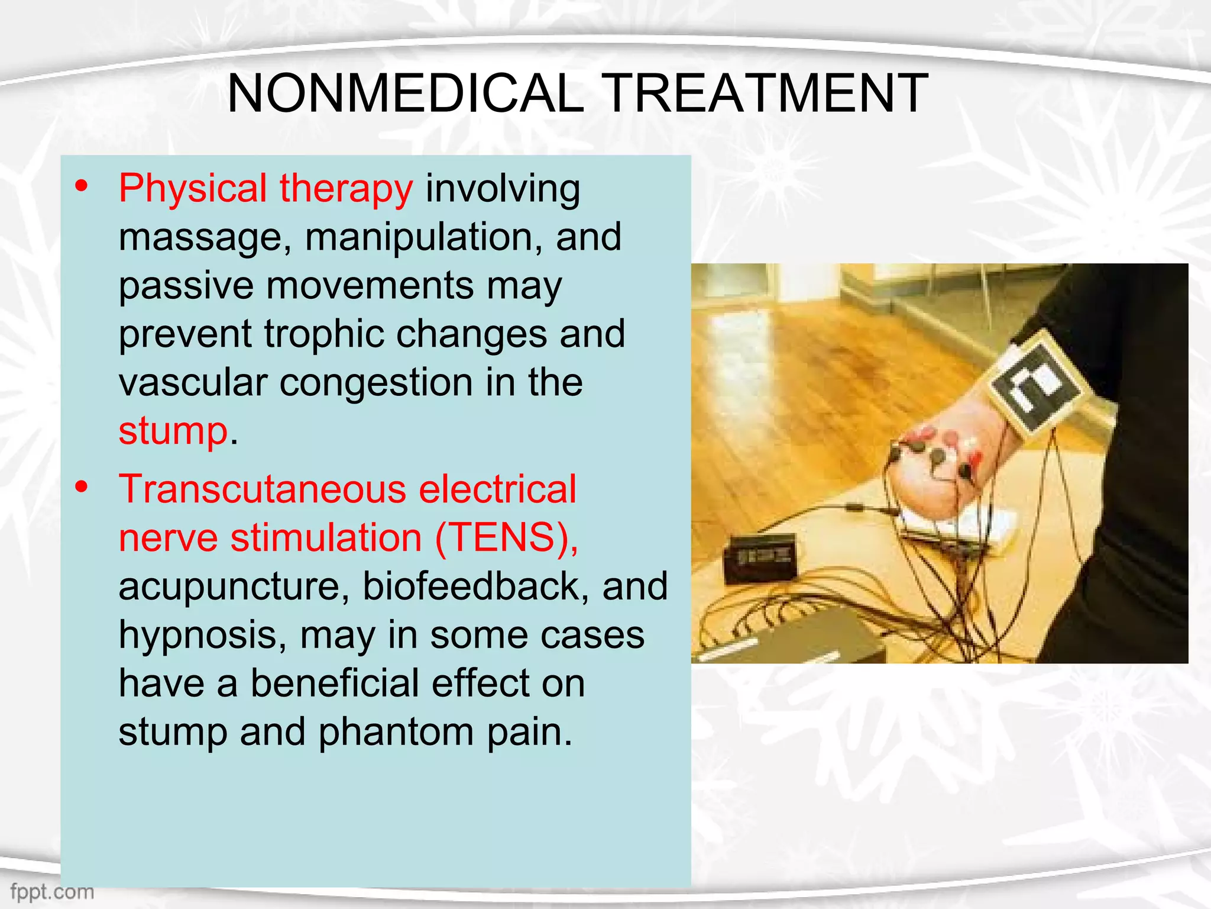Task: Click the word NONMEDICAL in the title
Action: click(x=406, y=93)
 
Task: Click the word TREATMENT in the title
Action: click(x=767, y=93)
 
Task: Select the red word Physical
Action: click(x=193, y=188)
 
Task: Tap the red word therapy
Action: click(x=346, y=189)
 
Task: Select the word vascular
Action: click(x=192, y=382)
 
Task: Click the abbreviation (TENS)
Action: click(x=506, y=538)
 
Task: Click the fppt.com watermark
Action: click(x=52, y=891)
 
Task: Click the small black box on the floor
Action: click(x=760, y=556)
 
